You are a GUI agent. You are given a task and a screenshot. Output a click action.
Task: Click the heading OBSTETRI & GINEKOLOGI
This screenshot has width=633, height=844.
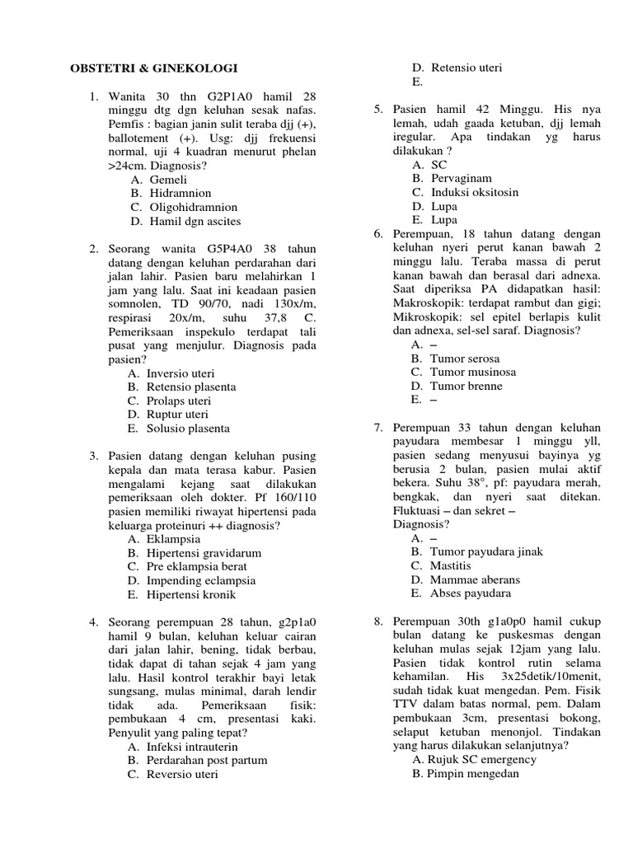[152, 68]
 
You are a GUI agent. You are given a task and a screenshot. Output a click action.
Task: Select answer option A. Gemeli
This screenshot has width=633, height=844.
[158, 180]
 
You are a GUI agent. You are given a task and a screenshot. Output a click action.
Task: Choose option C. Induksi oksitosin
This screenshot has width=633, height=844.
[465, 193]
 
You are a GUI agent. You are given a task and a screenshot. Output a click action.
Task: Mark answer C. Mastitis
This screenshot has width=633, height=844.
[441, 566]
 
